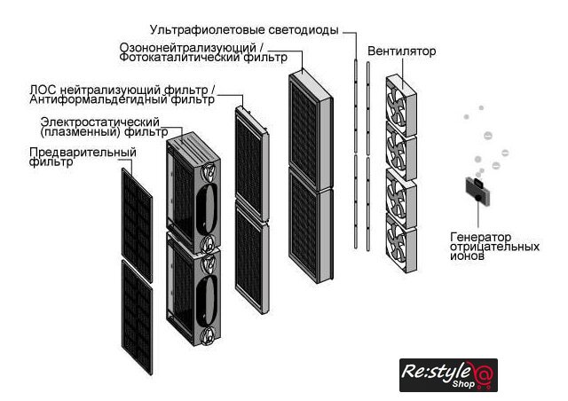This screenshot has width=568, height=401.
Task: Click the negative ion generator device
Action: [x=475, y=188]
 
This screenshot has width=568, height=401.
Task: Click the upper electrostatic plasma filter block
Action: [x=193, y=191]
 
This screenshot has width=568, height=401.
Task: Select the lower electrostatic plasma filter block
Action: [x=193, y=288]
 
